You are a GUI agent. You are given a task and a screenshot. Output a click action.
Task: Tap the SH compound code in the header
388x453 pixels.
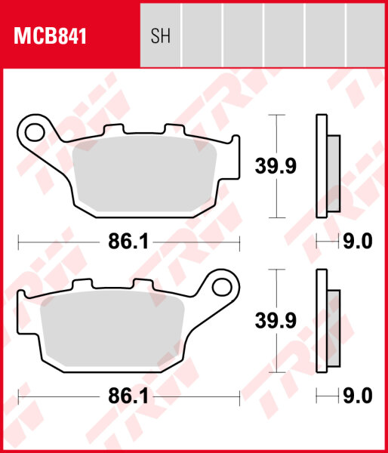pos(160,36)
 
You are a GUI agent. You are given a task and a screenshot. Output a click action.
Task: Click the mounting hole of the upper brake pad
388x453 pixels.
pos(34,133)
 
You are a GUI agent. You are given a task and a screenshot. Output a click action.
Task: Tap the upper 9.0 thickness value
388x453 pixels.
pos(359,242)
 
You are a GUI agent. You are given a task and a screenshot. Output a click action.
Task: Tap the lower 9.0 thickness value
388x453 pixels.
pos(359,396)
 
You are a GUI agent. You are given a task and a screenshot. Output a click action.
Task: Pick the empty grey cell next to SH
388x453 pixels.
pos(202,36)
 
